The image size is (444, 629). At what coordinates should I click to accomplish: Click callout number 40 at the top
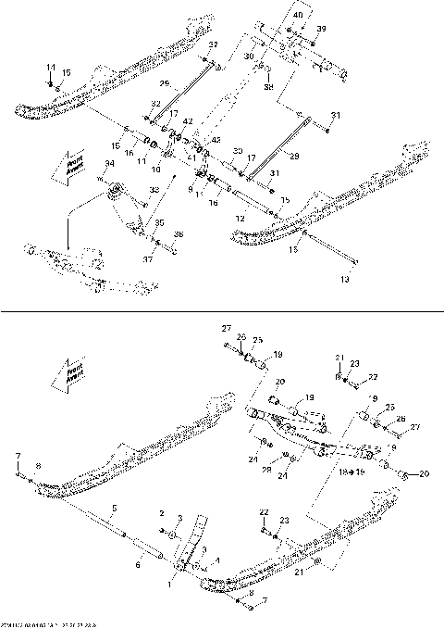(x=297, y=16)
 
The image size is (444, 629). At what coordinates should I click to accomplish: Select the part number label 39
(x=321, y=30)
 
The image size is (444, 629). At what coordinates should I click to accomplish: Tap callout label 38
(x=268, y=88)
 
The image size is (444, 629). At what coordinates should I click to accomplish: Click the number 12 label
(x=240, y=217)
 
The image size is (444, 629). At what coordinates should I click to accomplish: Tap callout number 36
(x=179, y=233)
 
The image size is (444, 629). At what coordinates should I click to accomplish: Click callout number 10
(x=155, y=170)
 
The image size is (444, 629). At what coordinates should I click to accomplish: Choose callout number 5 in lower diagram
(x=114, y=508)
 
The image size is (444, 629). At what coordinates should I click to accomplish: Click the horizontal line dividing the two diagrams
(x=222, y=312)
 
